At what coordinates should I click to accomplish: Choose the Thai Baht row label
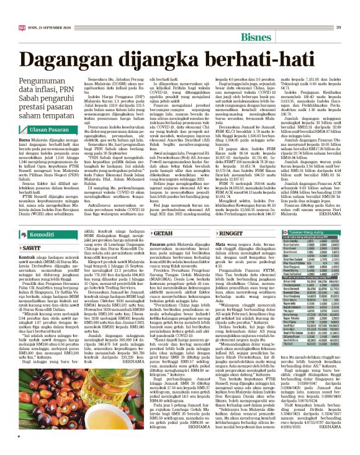pos(288,345)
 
